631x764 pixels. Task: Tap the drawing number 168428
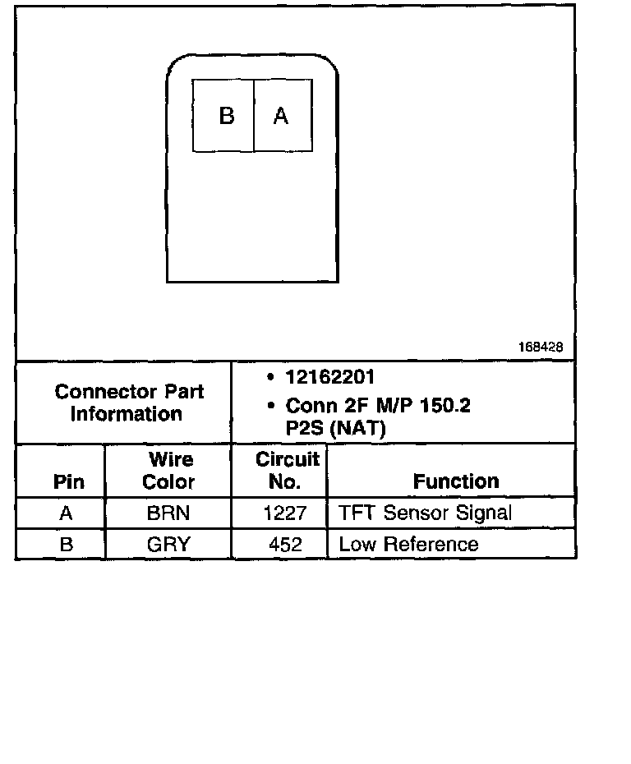coord(540,347)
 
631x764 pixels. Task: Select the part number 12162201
coord(330,377)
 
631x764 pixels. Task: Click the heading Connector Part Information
coord(129,403)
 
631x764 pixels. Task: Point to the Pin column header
coord(68,481)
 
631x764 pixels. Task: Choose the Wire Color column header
coord(168,471)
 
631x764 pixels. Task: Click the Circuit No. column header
coord(287,471)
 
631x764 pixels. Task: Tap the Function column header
coord(456,481)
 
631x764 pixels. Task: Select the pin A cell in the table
coord(67,513)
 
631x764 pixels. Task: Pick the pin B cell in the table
coord(67,544)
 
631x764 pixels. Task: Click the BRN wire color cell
coord(168,513)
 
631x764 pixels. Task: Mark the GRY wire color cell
coord(168,544)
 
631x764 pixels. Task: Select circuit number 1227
coord(285,513)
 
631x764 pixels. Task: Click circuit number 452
coord(285,544)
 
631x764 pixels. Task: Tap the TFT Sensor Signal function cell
coord(425,513)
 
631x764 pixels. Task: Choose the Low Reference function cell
coord(408,544)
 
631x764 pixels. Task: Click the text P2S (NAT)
coord(335,427)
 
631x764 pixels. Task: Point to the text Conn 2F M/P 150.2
coord(378,406)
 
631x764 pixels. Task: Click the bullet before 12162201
coord(271,378)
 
